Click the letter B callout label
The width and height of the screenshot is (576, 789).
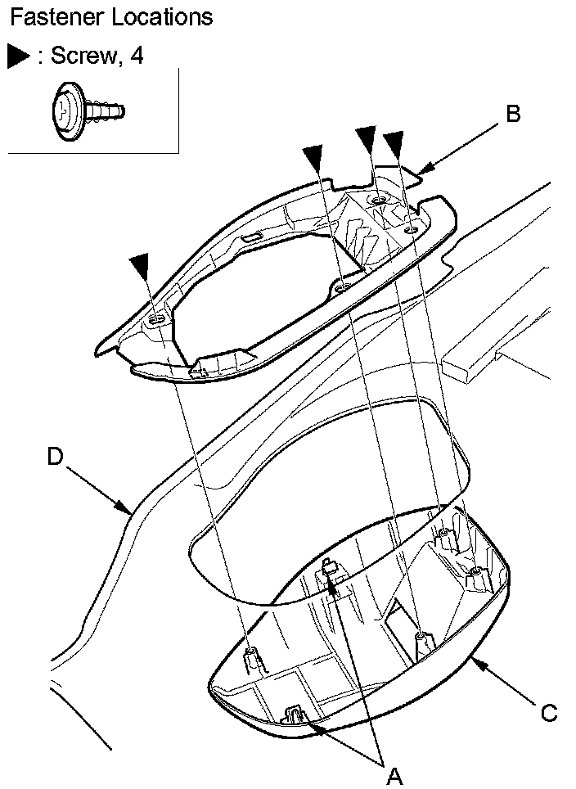(513, 114)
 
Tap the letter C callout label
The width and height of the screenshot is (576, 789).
(549, 713)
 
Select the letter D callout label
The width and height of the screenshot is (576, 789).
(55, 457)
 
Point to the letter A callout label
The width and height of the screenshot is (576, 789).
(394, 774)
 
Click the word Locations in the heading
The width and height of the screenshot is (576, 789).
(160, 16)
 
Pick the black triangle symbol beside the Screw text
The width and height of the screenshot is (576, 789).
(18, 56)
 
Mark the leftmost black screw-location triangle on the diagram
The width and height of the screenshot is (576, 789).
(141, 265)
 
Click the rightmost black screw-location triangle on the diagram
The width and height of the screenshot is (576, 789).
(396, 144)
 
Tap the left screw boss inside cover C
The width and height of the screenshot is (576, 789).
(252, 653)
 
